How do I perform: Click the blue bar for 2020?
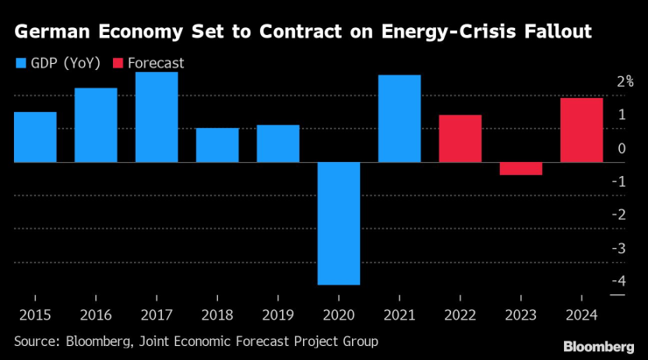point(339,223)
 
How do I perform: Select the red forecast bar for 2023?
point(521,169)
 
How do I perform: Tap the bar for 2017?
point(157,117)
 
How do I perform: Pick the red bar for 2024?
point(581,131)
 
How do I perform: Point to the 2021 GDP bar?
point(399,119)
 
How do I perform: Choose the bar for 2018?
point(217,145)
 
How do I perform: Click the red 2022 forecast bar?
point(461,138)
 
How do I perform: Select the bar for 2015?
point(35,138)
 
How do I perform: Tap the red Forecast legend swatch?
point(118,63)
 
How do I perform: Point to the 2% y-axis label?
point(624,81)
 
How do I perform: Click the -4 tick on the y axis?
point(620,281)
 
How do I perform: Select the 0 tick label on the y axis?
point(621,148)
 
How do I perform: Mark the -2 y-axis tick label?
point(620,215)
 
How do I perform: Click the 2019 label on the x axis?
point(278,313)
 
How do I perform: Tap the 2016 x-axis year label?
point(96,313)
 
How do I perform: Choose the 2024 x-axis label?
point(581,313)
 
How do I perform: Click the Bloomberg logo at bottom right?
point(599,346)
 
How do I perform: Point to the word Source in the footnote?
point(36,341)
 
